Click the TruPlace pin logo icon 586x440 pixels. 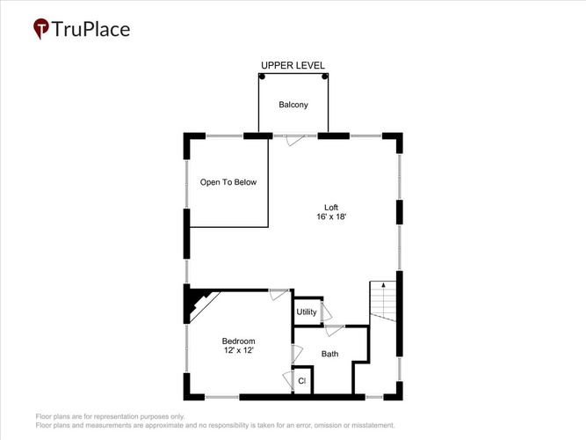(40, 28)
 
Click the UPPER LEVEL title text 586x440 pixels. (293, 65)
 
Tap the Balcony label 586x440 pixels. (293, 105)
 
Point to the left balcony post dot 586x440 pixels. (263, 77)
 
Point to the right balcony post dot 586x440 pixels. (325, 77)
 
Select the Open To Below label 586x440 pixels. (228, 182)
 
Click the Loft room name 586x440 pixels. (331, 207)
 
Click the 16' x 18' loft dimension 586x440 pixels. (331, 216)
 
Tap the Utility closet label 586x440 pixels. (307, 312)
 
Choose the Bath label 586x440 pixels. (330, 354)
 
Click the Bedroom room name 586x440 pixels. (238, 341)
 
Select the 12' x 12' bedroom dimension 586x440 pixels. (239, 350)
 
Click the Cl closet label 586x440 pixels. (302, 381)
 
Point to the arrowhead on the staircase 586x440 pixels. (383, 285)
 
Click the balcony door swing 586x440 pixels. (295, 141)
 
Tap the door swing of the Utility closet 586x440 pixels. (326, 311)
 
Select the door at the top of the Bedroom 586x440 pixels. (279, 294)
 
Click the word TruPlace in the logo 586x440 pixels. (90, 29)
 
